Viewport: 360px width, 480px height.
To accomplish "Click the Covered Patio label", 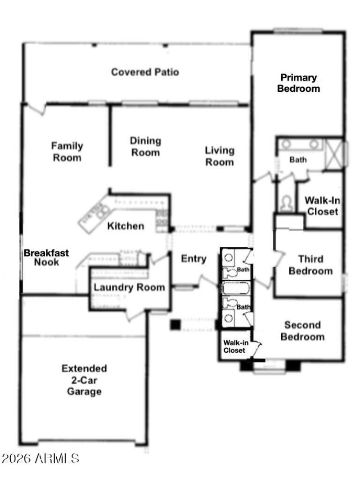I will coord(145,72).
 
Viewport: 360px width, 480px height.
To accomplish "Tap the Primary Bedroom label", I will coord(298,83).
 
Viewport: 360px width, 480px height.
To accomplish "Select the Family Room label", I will coord(67,152).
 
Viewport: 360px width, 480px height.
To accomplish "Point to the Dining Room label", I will coord(145,147).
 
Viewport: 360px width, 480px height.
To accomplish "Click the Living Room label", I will coord(220,156).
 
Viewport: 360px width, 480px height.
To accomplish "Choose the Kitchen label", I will coord(126,226).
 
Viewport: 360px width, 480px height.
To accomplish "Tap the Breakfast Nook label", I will coord(46,257).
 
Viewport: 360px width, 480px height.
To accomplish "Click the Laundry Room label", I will coord(129,287).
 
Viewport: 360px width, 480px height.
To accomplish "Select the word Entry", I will coord(193,259).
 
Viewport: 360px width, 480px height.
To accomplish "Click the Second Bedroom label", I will coord(302,331).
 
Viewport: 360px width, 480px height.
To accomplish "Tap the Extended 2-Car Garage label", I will coord(84,380).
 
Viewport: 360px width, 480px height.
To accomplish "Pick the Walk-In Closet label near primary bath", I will coord(322,206).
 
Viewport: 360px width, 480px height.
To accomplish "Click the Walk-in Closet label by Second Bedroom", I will coord(234,346).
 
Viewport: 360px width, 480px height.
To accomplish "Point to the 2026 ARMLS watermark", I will coord(40,459).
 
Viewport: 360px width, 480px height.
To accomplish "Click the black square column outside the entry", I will coord(175,324).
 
